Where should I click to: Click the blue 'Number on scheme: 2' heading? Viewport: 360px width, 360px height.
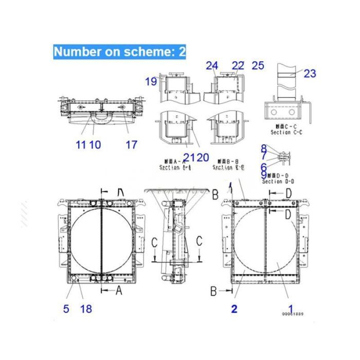pyautogui.click(x=119, y=51)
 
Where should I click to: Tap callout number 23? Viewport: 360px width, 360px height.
pyautogui.click(x=310, y=74)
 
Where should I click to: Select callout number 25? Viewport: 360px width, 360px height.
pyautogui.click(x=258, y=65)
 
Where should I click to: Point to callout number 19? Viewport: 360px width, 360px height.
pyautogui.click(x=151, y=82)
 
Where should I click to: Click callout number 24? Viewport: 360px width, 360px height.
pyautogui.click(x=212, y=65)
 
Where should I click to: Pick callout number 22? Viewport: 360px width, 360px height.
pyautogui.click(x=238, y=65)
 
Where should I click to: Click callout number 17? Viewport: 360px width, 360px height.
pyautogui.click(x=132, y=145)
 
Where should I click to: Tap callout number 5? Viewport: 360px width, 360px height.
pyautogui.click(x=66, y=309)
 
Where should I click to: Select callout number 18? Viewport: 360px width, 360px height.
pyautogui.click(x=86, y=309)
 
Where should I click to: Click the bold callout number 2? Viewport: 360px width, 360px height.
pyautogui.click(x=234, y=309)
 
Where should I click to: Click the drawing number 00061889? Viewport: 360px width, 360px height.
pyautogui.click(x=292, y=313)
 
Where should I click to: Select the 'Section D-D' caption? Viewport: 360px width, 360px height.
pyautogui.click(x=278, y=181)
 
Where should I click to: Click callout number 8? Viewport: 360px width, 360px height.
pyautogui.click(x=264, y=148)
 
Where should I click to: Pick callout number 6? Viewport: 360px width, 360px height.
pyautogui.click(x=264, y=167)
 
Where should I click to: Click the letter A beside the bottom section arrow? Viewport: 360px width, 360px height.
pyautogui.click(x=118, y=291)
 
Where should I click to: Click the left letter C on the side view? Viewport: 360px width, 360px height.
pyautogui.click(x=154, y=241)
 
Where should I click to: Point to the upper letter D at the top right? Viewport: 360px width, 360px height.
pyautogui.click(x=289, y=192)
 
